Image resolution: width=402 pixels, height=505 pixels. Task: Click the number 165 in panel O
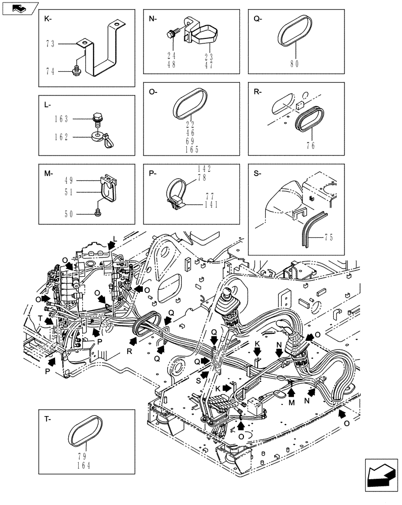pos(192,149)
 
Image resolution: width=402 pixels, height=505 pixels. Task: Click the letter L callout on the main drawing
pos(115,238)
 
